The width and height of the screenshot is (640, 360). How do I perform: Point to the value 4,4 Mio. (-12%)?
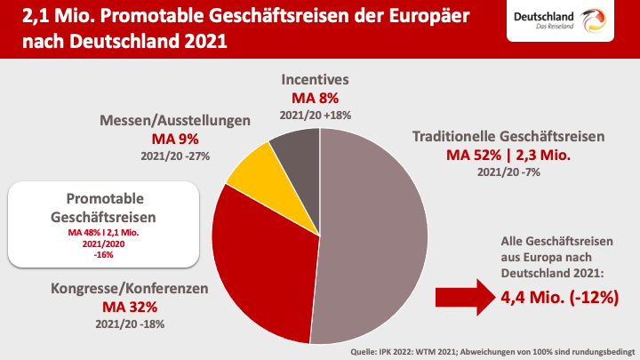pyautogui.click(x=559, y=297)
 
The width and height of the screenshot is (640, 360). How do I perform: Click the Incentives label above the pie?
pyautogui.click(x=316, y=79)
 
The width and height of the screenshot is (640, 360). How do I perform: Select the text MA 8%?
pyautogui.click(x=316, y=98)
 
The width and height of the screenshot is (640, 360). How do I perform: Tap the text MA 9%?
pyautogui.click(x=174, y=139)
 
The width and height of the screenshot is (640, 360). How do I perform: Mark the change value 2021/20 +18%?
pyautogui.click(x=316, y=115)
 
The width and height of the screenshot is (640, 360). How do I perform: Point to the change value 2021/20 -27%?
pyautogui.click(x=174, y=156)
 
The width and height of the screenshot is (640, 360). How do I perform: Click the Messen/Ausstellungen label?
pyautogui.click(x=174, y=120)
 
